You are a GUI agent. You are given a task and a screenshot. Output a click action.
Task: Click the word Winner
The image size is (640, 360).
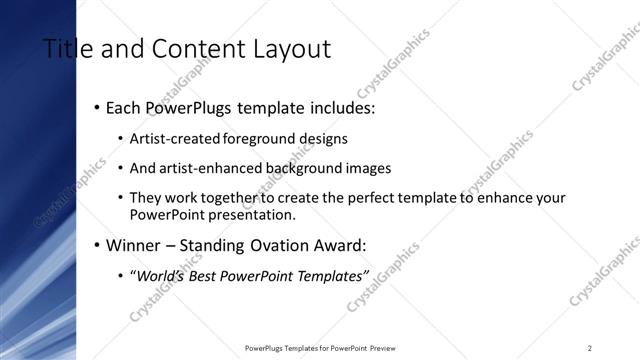(x=134, y=244)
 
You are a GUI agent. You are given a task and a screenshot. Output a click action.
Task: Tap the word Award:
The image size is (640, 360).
(x=338, y=244)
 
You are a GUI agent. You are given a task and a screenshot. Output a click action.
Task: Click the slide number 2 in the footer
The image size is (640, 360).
(x=590, y=348)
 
